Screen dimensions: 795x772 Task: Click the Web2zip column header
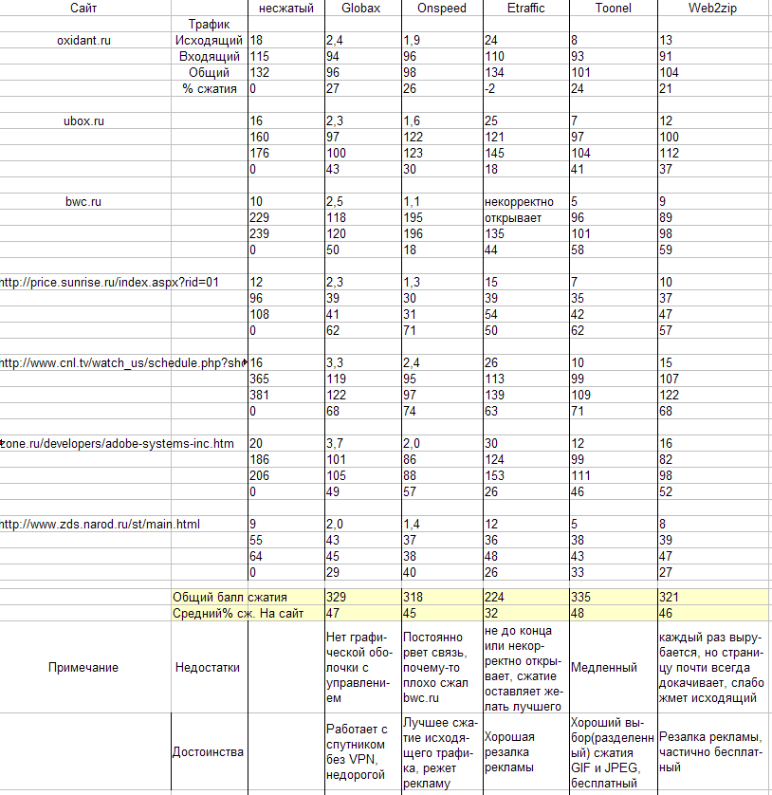(x=713, y=9)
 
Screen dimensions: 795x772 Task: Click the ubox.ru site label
(x=83, y=120)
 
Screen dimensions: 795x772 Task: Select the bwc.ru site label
(x=83, y=201)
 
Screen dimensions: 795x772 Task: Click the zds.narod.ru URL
(x=100, y=524)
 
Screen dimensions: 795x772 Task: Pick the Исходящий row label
(x=208, y=40)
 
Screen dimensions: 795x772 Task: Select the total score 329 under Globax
(x=337, y=598)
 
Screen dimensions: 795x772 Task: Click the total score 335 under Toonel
(x=581, y=598)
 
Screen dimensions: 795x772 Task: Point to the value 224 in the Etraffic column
(x=494, y=598)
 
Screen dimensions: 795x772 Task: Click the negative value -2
(x=489, y=88)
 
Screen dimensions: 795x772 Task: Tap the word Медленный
(x=603, y=668)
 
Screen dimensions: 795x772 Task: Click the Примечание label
(x=83, y=668)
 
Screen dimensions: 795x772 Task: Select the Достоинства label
(x=208, y=752)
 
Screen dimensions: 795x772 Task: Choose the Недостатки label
(x=208, y=668)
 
